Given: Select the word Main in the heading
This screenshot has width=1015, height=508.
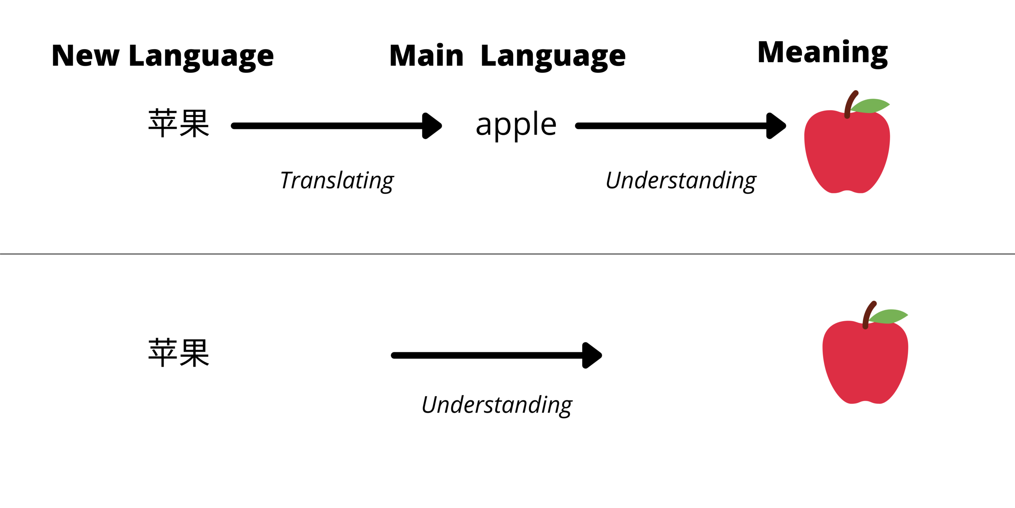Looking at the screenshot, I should coord(426,56).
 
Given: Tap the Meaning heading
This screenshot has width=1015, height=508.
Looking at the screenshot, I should coord(823,53).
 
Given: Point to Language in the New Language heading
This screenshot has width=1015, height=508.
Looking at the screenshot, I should coord(201,57).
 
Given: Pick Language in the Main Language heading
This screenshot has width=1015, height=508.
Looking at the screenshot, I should coord(553,57).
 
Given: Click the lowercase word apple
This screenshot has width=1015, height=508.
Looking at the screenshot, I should coord(516,124).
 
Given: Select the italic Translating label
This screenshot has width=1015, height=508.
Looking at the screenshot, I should coord(337,180).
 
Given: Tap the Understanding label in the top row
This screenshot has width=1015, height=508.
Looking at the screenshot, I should coord(681,180).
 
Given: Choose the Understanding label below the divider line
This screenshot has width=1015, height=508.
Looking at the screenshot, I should coord(497,405).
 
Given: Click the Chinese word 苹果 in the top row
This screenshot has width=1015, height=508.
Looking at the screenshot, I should coord(179,124).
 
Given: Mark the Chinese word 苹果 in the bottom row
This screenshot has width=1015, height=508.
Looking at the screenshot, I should coord(179,353).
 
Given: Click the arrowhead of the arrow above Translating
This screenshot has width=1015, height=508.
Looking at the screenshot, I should coord(431,126).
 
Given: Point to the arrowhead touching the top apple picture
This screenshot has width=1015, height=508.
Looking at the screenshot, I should coord(775,126).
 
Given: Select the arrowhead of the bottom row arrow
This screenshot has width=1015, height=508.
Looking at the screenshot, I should coord(592,356).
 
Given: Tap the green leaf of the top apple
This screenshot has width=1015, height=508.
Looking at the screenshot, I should coord(871,106).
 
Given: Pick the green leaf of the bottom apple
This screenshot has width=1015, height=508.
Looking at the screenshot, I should coord(889,316).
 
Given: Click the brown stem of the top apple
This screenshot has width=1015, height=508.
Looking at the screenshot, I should coord(850,104).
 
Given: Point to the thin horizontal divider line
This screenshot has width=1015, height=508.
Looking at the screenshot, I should coord(508,254).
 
